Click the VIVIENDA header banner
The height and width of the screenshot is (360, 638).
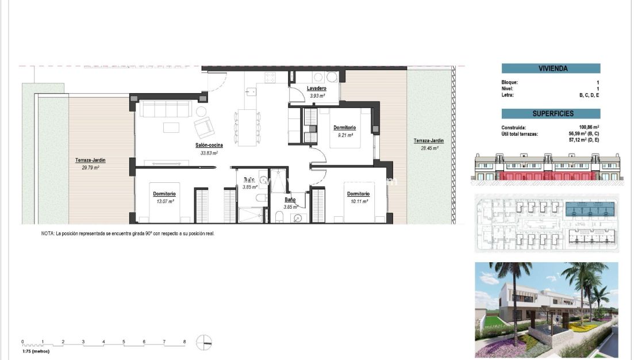click(x=551, y=68)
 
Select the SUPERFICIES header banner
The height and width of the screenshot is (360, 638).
click(x=551, y=114)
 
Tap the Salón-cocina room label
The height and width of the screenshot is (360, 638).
click(x=209, y=145)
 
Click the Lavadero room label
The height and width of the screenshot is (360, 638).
click(x=317, y=88)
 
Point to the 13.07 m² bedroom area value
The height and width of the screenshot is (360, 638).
click(x=164, y=201)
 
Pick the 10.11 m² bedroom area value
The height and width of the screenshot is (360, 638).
click(x=358, y=201)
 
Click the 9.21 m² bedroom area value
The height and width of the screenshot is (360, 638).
click(x=344, y=135)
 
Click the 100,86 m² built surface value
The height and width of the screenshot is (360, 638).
click(x=589, y=127)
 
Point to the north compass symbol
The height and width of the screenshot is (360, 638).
click(x=204, y=342)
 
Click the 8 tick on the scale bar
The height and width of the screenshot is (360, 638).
click(x=185, y=342)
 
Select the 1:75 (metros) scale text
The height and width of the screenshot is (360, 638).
click(x=36, y=351)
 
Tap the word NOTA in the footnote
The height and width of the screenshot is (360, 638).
click(x=47, y=234)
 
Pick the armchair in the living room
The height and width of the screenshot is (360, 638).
click(x=204, y=127)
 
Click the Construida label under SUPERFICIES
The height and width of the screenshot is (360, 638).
click(x=513, y=127)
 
